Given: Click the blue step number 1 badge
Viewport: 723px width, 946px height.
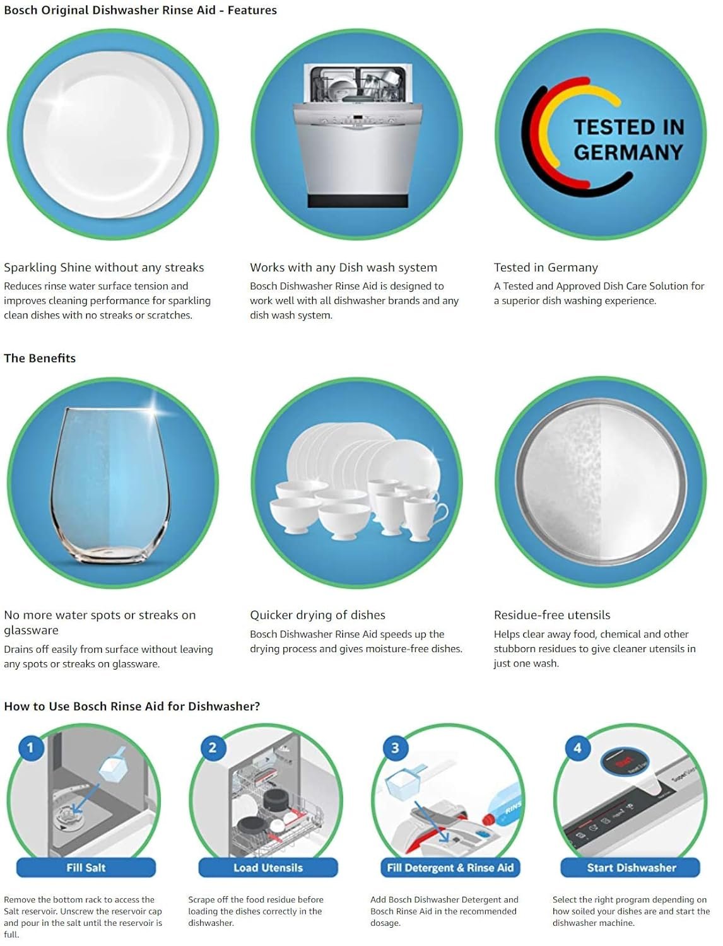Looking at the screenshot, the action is point(31,747).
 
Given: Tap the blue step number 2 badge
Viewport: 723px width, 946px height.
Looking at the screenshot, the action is point(213,747).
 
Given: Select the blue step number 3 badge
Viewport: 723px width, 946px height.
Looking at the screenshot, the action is point(395,748).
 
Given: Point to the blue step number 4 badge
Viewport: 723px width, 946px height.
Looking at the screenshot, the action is point(577,748).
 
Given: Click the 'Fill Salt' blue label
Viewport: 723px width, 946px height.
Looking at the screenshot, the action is point(86,867).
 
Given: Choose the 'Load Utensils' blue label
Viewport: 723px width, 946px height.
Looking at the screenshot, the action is point(268,867).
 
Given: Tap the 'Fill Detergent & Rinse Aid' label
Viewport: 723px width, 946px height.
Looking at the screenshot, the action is point(450,867).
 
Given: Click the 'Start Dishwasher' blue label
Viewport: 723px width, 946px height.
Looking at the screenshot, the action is point(631,867).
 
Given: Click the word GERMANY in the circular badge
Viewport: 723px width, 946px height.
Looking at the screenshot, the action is point(628,152).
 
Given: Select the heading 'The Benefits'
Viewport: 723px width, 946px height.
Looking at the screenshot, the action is point(40,358).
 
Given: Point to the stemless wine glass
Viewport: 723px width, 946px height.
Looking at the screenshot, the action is point(111,486).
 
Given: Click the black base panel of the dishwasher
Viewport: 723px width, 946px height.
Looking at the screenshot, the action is point(358,201).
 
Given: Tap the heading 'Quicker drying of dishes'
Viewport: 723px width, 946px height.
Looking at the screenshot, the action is point(318,615).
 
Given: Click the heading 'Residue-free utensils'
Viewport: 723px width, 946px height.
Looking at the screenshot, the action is point(552,615).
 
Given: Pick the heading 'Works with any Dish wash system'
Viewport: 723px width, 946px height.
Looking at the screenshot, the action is point(344,267).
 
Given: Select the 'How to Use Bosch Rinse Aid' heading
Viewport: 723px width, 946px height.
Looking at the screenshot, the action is point(132,706).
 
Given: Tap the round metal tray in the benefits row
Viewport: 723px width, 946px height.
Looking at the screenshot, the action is point(601,481).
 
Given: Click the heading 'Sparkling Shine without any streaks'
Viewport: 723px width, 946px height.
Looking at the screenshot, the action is point(104,267).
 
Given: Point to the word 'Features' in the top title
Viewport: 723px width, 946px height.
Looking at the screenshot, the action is point(252,10).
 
